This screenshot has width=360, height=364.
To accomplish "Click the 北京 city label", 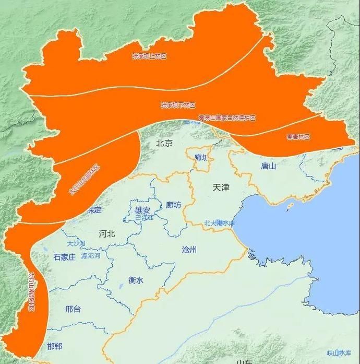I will click(x=164, y=143).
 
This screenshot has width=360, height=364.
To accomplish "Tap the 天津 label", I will click(x=221, y=187).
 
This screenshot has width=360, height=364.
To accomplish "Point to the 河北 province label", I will click(x=106, y=233).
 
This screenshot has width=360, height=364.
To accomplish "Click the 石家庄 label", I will click(x=64, y=257).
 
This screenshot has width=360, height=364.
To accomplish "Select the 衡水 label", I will click(x=136, y=280).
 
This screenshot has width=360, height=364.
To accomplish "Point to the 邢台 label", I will click(x=73, y=309).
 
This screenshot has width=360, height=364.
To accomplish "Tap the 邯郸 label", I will click(x=54, y=346).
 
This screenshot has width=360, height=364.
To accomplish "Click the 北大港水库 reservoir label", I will click(x=220, y=222).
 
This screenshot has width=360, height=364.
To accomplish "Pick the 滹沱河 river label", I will click(x=90, y=255).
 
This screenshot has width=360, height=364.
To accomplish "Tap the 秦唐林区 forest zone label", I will click(x=298, y=137).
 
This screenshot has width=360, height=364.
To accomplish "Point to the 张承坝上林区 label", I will click(x=149, y=56).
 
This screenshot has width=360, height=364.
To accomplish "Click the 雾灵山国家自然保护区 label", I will click(x=227, y=119).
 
